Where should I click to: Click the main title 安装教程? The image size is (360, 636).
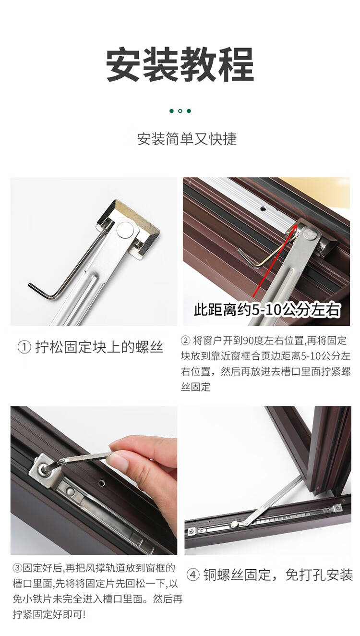pyautogui.click(x=180, y=64)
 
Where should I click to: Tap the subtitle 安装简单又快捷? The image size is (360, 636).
pyautogui.click(x=187, y=139)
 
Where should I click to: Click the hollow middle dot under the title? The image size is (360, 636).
pyautogui.click(x=180, y=111)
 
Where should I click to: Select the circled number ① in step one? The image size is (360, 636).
pyautogui.click(x=24, y=347)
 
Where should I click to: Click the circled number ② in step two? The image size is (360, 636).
pyautogui.click(x=186, y=340)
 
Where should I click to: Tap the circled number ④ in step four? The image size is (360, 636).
pyautogui.click(x=193, y=575)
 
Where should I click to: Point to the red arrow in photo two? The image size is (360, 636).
pyautogui.click(x=275, y=260)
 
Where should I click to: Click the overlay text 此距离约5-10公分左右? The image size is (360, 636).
pyautogui.click(x=267, y=309)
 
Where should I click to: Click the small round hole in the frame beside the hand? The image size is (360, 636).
pyautogui.click(x=101, y=482)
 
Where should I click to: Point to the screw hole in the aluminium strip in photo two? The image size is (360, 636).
pyautogui.click(x=263, y=208)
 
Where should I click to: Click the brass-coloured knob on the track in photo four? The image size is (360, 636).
pyautogui.click(x=234, y=525)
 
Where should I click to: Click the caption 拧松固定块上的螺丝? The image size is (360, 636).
pyautogui.click(x=99, y=347)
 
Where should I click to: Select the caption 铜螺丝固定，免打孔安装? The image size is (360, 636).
pyautogui.click(x=278, y=575)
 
